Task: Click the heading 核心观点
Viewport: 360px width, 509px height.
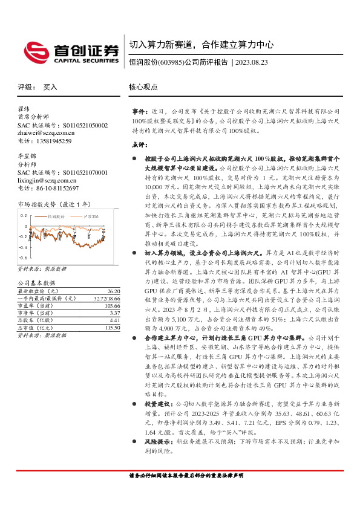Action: click(143, 87)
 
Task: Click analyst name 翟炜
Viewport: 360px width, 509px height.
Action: click(24, 109)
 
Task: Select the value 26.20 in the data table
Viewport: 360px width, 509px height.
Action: click(99, 290)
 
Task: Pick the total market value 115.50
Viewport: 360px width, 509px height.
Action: click(97, 327)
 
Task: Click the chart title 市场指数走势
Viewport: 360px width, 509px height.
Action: click(37, 204)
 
